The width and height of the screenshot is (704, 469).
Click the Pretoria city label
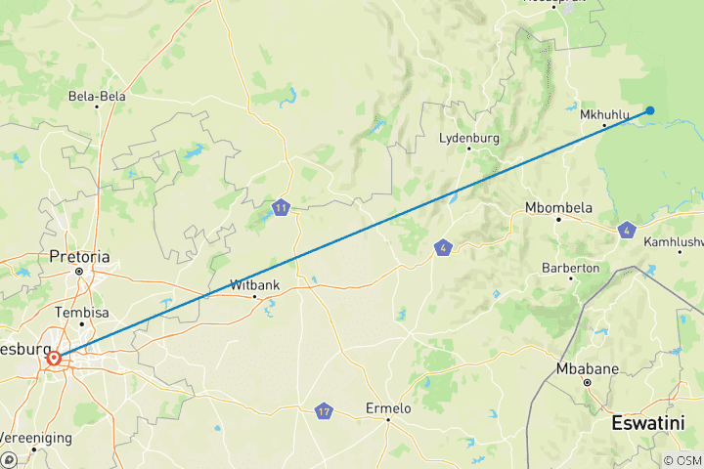coord(79,257)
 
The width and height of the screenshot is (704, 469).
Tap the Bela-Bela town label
coord(96,96)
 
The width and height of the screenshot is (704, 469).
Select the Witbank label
coord(254,284)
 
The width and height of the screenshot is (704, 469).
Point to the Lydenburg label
coord(469,138)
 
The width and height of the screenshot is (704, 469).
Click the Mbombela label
coord(558,207)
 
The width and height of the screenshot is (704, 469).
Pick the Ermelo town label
coord(387,407)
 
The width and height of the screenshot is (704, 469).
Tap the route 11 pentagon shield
coord(282,207)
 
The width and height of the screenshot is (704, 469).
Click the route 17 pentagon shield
coord(324,411)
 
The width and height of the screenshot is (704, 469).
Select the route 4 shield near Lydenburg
coord(444,248)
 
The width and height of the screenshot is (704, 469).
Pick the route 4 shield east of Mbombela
coord(626,231)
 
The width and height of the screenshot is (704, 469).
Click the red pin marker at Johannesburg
coord(53,359)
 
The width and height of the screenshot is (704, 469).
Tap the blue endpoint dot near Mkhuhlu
coord(650,110)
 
